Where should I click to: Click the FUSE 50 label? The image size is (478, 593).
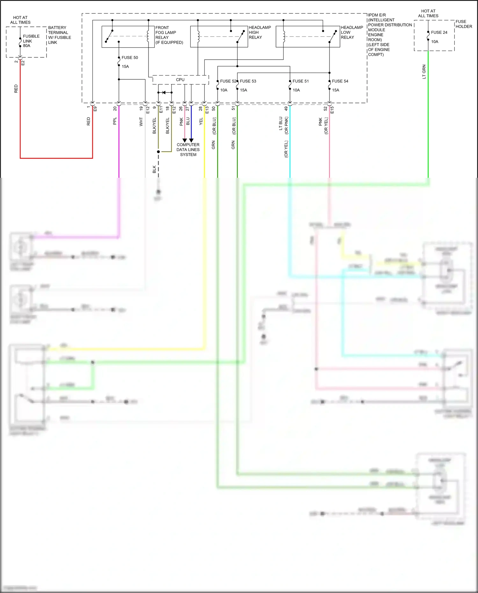click(x=130, y=58)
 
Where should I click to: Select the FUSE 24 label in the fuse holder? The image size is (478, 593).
click(x=439, y=33)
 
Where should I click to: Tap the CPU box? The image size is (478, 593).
click(x=180, y=80)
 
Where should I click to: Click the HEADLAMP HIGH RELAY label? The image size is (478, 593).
click(x=259, y=33)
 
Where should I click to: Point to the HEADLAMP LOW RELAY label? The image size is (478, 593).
click(x=352, y=33)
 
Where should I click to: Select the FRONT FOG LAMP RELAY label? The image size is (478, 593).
click(x=169, y=35)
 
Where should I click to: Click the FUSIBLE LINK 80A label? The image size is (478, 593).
click(x=31, y=41)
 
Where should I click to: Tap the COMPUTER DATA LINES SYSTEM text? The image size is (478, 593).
click(x=188, y=149)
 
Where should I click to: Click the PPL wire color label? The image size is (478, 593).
click(x=115, y=121)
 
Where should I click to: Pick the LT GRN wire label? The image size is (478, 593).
click(x=424, y=72)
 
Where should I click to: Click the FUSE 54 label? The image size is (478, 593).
click(x=340, y=81)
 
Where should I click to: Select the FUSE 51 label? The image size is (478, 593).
click(x=301, y=81)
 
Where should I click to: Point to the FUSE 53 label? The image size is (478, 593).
click(x=248, y=81)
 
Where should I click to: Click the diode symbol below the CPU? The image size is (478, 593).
click(x=164, y=93)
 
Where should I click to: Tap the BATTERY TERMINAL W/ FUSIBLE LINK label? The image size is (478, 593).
click(x=59, y=35)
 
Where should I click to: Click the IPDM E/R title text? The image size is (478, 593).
click(x=377, y=15)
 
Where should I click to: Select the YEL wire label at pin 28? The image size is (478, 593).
click(x=201, y=121)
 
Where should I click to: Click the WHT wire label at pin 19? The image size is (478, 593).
click(x=141, y=122)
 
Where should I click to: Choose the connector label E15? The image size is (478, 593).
click(x=332, y=110)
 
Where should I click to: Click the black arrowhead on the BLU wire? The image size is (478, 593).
click(x=191, y=140)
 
